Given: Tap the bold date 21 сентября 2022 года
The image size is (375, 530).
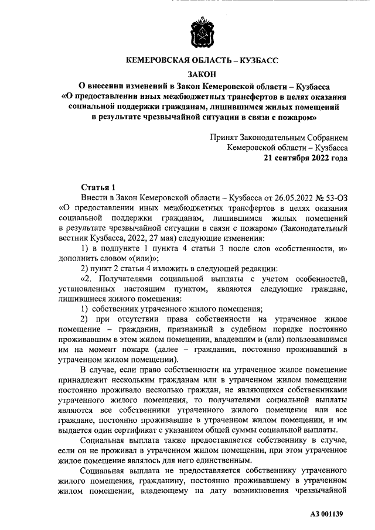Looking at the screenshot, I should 305,158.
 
